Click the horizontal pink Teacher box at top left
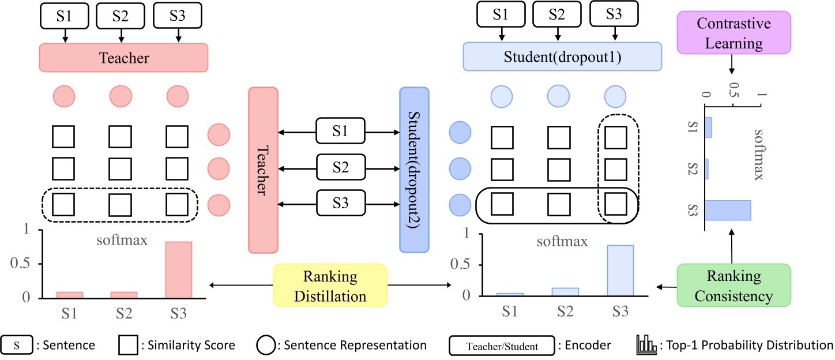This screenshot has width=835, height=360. (x=123, y=58)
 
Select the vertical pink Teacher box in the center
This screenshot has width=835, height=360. (x=264, y=170)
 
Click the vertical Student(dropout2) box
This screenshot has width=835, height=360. (x=414, y=170)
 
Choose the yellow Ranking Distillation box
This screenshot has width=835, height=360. (x=330, y=286)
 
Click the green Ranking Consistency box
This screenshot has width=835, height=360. (x=734, y=285)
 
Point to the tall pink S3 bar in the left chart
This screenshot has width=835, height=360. (x=179, y=269)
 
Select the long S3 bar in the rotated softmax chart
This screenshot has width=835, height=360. (x=728, y=210)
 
